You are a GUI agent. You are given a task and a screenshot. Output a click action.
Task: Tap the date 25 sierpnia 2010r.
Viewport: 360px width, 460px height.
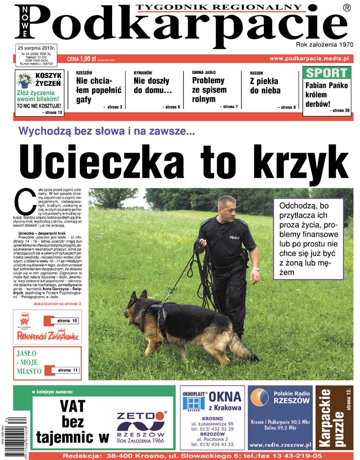37,48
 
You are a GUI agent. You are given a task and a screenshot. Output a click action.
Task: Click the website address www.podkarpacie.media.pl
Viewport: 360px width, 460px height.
309,59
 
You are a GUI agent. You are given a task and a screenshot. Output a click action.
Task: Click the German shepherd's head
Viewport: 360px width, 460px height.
134,303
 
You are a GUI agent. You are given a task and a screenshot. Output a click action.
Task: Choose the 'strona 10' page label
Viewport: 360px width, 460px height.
67,321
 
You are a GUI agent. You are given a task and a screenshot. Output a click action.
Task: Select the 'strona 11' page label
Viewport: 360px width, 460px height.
67,370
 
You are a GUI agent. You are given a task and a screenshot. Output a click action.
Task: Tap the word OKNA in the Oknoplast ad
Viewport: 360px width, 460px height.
225,397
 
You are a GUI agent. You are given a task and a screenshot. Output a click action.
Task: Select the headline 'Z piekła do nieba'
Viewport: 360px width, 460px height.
265,86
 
